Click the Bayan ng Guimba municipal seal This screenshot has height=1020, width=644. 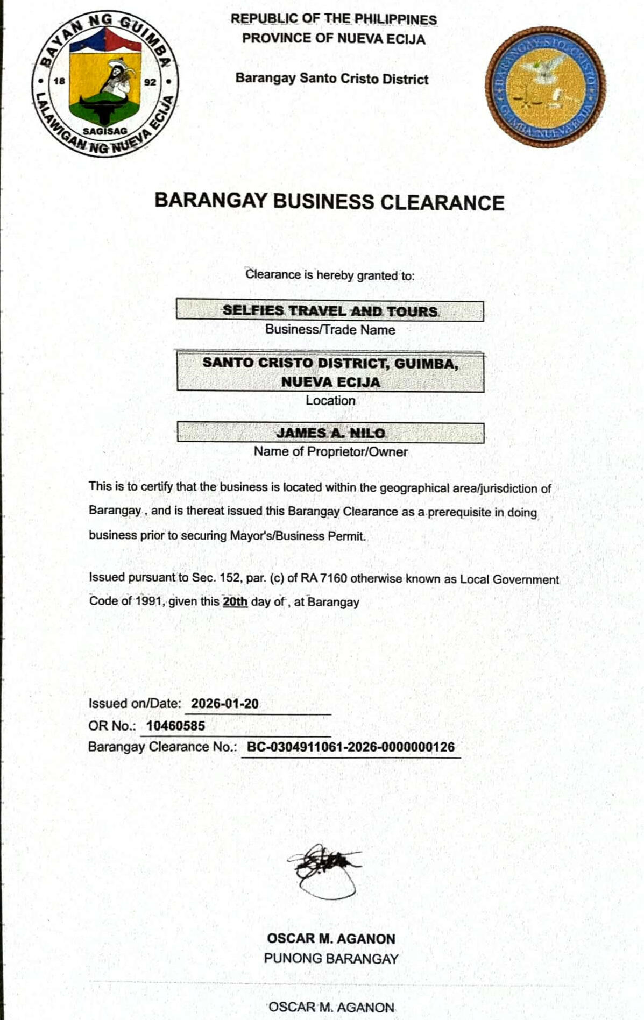point(105,84)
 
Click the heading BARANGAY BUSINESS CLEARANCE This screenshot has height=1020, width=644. point(329,202)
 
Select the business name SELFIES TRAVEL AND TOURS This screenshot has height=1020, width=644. point(330,311)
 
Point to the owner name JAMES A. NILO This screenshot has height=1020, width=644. point(330,433)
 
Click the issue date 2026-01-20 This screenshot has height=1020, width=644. point(225,704)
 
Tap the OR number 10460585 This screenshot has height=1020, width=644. point(175,726)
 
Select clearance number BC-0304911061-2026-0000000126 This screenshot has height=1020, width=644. point(351,747)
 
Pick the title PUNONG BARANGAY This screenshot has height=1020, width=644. point(331,959)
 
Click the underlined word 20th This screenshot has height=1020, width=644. point(235,601)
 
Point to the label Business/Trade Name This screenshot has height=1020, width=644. point(330,330)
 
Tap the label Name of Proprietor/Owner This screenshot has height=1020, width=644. point(330,452)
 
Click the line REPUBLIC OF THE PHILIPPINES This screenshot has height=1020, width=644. point(334,19)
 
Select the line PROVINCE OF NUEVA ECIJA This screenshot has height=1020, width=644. point(334,39)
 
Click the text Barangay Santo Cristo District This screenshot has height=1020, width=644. point(332,79)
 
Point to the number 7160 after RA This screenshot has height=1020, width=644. point(334,579)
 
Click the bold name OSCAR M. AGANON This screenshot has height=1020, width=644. point(331,939)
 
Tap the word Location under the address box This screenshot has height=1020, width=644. point(330,401)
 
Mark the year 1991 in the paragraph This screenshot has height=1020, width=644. point(149,601)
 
